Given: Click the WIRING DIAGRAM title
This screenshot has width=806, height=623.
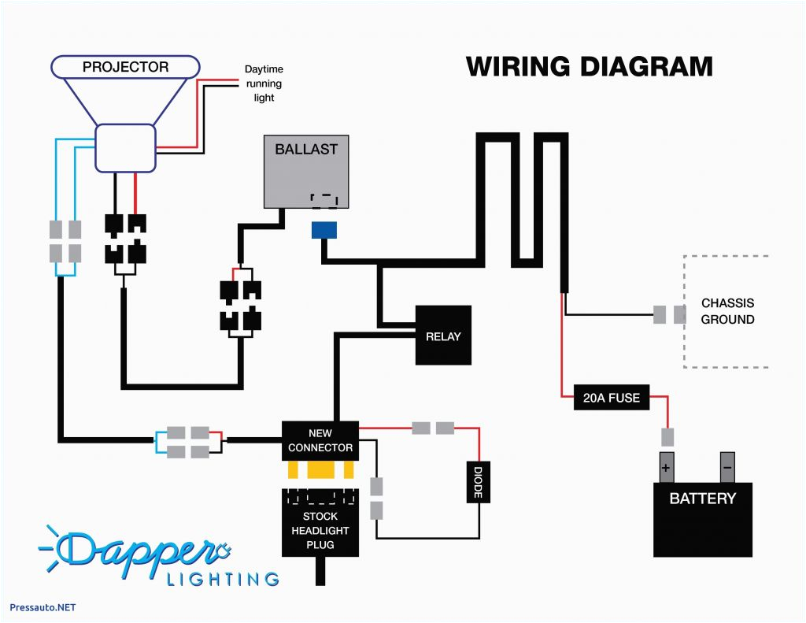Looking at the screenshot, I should (x=589, y=66).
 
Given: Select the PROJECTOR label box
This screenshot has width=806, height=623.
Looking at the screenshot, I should (x=125, y=67).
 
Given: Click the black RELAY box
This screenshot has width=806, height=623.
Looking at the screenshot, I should (x=443, y=336).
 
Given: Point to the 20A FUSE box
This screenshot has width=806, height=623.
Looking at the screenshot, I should (x=611, y=398).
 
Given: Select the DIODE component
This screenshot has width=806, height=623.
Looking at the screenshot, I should (x=479, y=480).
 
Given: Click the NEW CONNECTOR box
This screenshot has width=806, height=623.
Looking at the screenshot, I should (x=320, y=440).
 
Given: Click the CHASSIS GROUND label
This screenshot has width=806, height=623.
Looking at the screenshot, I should (x=727, y=311).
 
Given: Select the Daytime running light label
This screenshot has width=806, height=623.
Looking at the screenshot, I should (x=264, y=83).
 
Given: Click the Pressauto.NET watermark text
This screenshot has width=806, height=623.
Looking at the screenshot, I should (x=43, y=607).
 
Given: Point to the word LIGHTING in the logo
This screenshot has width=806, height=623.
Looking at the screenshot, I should (x=222, y=579).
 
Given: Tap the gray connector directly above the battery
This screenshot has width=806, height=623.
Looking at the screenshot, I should (x=667, y=436).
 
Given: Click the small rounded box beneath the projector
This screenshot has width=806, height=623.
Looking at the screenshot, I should (x=125, y=147).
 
